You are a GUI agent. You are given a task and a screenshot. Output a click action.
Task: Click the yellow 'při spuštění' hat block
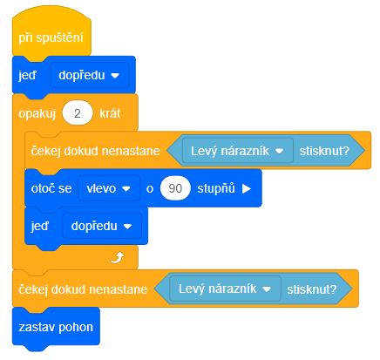coord(51,35)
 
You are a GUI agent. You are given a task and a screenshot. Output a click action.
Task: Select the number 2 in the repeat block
coord(78,113)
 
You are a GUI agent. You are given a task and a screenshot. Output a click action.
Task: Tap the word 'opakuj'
coord(37,114)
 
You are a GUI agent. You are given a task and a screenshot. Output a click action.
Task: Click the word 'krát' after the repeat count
coord(110,113)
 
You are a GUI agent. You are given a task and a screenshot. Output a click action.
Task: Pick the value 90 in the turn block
coord(175,188)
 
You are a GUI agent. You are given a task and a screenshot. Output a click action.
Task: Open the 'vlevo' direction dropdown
coord(109,188)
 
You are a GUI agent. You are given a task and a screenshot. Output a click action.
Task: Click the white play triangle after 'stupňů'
coord(247,188)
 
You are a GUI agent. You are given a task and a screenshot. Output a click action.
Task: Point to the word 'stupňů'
coord(216,188)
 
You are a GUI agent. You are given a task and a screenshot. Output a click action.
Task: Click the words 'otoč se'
coord(51,188)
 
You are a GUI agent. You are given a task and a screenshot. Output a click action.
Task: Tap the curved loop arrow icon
coord(118,257)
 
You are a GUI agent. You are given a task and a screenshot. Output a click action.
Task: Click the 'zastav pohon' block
coord(56,327)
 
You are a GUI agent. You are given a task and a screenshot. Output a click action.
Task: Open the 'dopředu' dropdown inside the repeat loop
coord(102,226)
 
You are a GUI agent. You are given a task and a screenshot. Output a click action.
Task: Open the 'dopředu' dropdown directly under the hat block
coord(89,75)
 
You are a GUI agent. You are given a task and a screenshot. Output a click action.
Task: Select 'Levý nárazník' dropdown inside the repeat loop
coord(238,151)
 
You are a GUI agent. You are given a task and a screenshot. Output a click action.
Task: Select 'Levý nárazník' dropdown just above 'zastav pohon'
coord(225,289)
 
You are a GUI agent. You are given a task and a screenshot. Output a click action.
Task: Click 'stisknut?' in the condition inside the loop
coord(324,151)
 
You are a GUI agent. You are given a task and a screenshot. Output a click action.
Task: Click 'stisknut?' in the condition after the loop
coord(312,289)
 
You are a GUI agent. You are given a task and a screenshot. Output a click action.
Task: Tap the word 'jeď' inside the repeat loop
coord(40,226)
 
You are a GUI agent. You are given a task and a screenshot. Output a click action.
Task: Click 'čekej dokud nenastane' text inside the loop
coord(96,151)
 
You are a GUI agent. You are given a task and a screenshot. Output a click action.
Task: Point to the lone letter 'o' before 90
coord(150,189)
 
